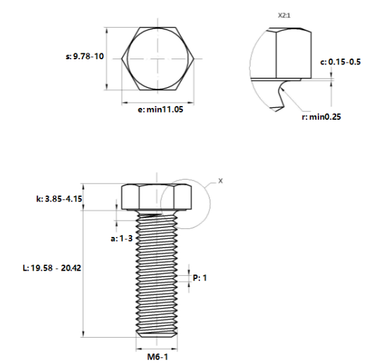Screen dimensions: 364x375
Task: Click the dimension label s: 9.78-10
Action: click(x=84, y=57)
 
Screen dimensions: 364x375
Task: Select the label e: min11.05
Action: click(x=160, y=110)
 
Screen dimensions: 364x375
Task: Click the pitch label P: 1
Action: click(x=200, y=278)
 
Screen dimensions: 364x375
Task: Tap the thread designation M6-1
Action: click(x=157, y=357)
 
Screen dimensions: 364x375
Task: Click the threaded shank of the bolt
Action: click(x=157, y=276)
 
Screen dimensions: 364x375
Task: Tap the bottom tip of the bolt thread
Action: click(x=157, y=335)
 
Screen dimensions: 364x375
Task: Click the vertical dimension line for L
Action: click(x=83, y=276)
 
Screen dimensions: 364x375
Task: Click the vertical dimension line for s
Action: click(x=107, y=59)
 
